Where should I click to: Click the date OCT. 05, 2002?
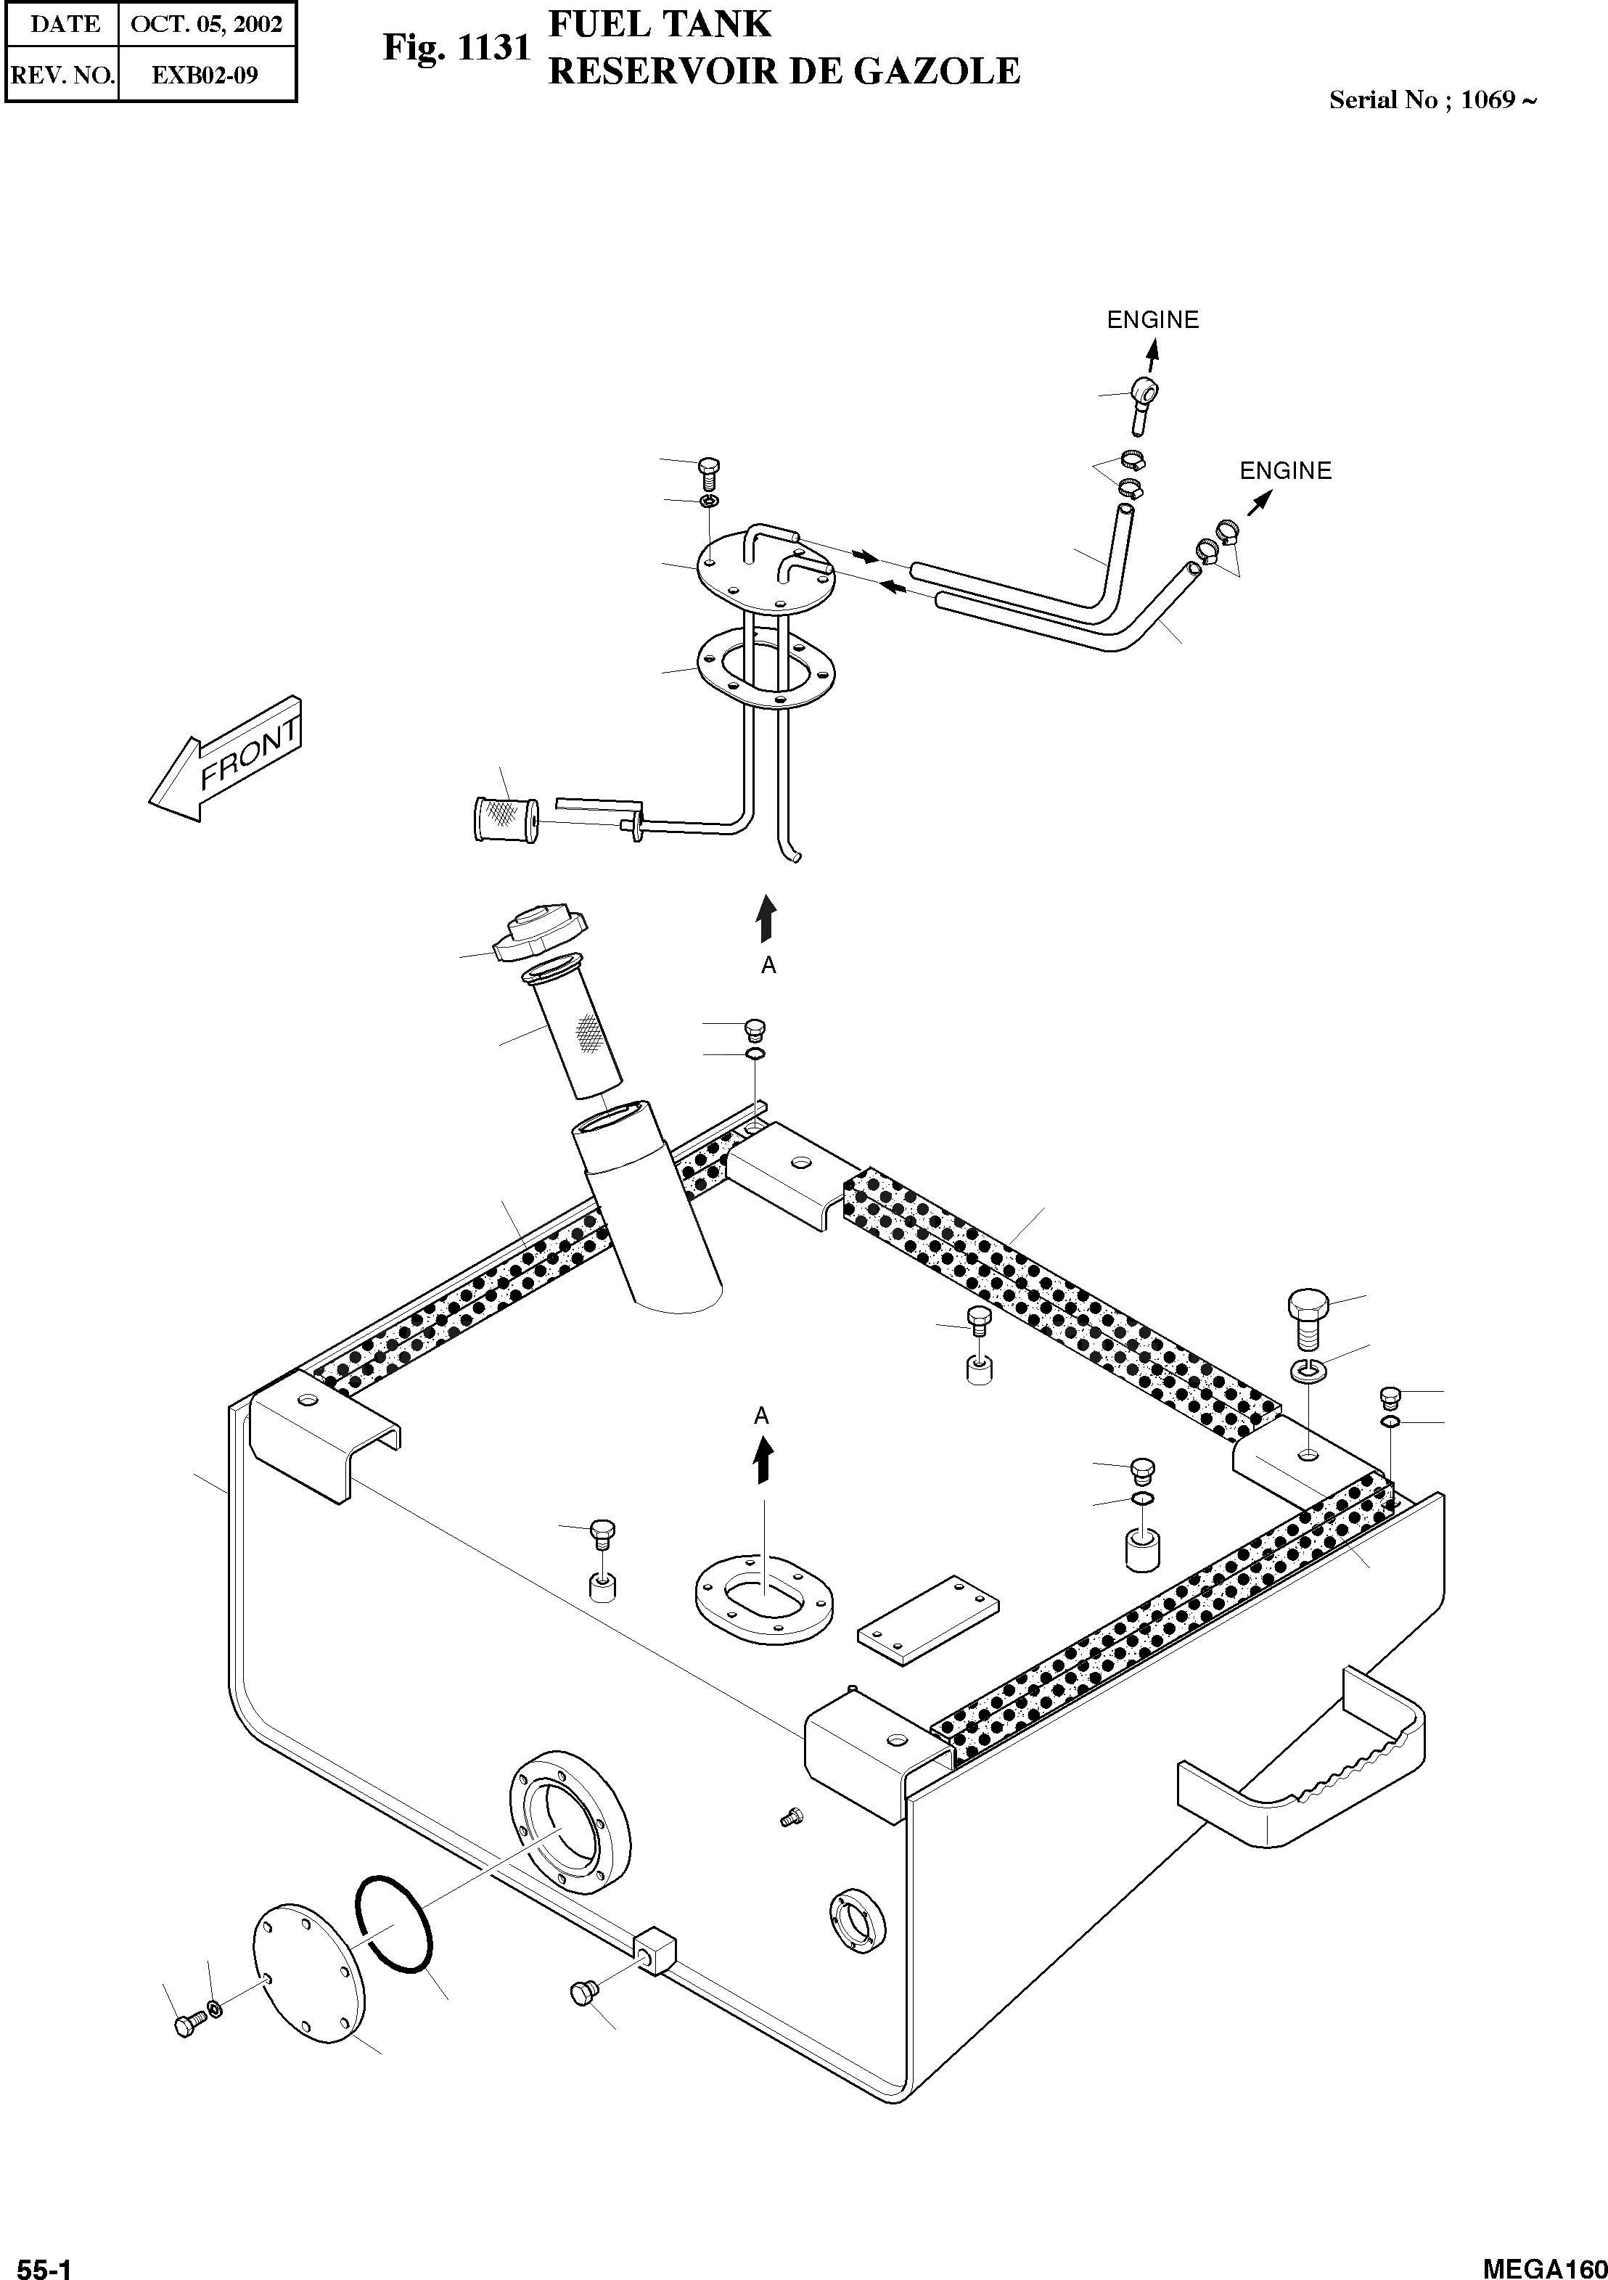(x=205, y=24)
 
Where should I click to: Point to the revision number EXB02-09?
(x=205, y=75)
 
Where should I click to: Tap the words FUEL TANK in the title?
(x=660, y=24)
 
